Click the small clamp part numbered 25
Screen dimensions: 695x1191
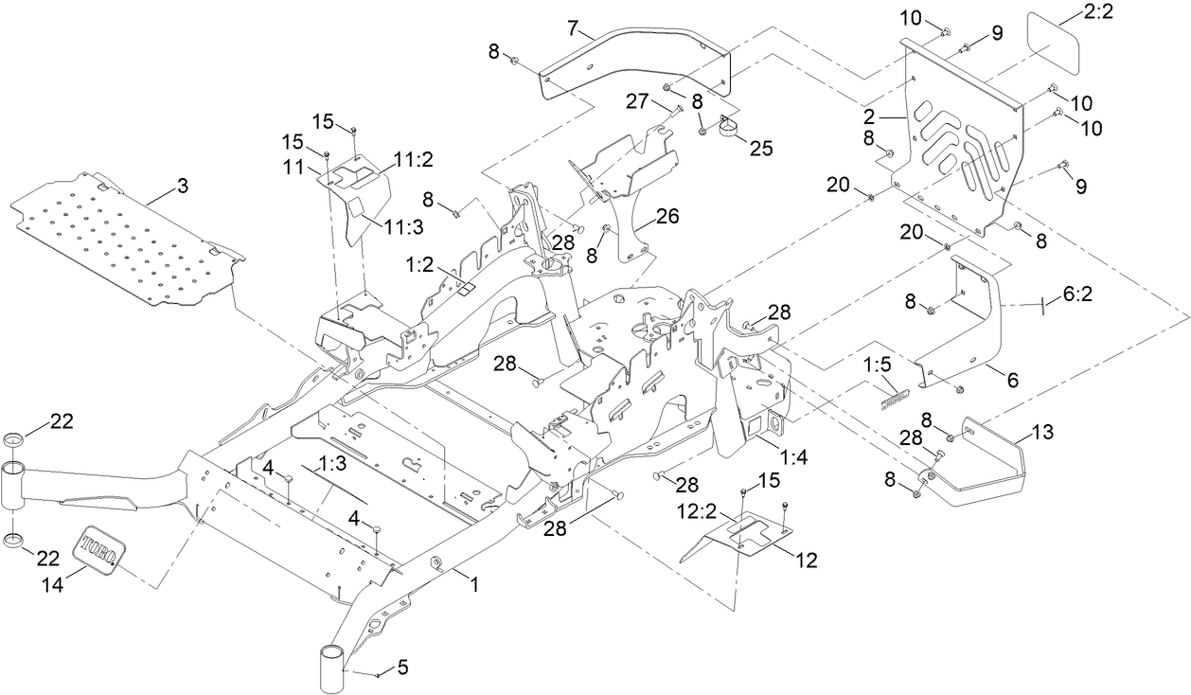(731, 126)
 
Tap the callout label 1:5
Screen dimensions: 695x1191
(878, 363)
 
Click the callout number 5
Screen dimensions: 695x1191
(402, 668)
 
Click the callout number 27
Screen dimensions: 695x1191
(637, 99)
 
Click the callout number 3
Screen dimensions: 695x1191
(182, 186)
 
